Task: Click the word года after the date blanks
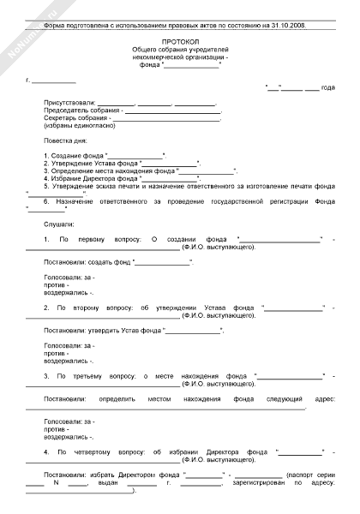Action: tap(327, 88)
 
